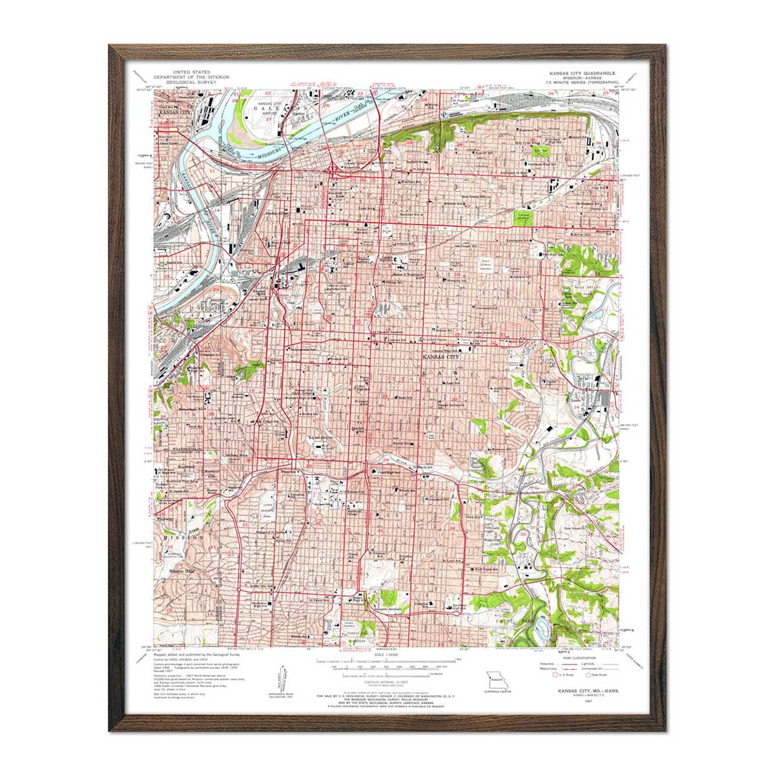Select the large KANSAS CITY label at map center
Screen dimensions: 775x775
[x=441, y=356]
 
